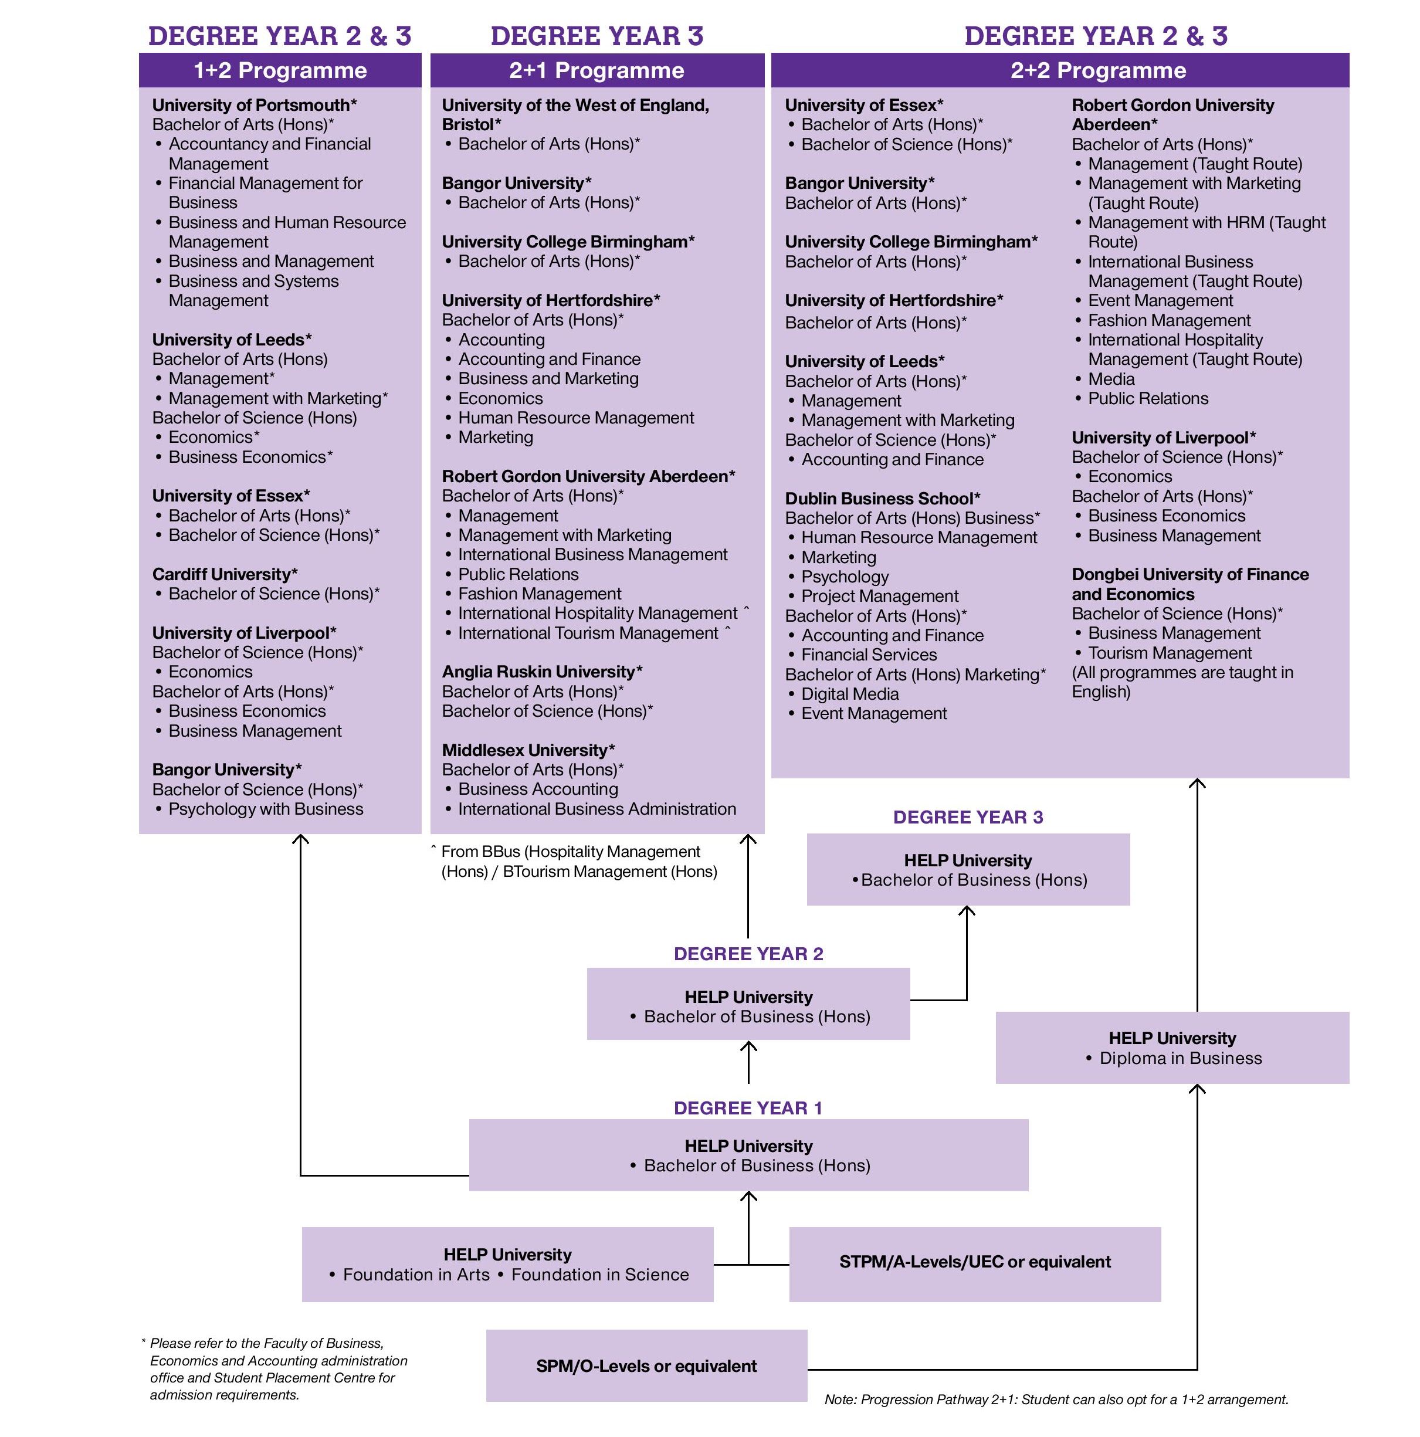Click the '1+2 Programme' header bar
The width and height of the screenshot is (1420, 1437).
280,70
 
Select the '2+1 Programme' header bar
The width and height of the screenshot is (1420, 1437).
597,70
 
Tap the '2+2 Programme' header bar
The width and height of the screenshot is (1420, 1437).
1060,70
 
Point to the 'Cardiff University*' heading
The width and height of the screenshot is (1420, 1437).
225,574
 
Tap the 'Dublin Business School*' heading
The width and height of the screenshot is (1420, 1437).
883,499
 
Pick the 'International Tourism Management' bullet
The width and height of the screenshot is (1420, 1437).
588,633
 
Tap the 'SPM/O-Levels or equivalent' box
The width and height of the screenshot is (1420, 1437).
646,1365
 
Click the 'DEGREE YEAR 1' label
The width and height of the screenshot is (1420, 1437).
748,1107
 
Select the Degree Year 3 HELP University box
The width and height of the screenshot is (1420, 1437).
968,869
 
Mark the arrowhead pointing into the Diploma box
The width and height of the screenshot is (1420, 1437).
1197,1089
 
